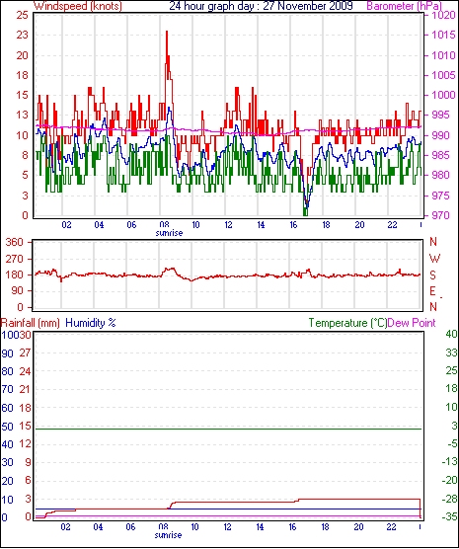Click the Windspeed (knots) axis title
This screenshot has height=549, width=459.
click(x=78, y=6)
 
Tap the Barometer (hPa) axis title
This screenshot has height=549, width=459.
click(x=405, y=6)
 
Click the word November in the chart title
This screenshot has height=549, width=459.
click(x=302, y=6)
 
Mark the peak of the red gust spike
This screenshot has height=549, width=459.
click(x=167, y=32)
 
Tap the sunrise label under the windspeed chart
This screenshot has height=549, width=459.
click(x=169, y=233)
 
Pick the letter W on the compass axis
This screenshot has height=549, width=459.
click(x=434, y=259)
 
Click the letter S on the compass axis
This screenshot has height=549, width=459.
click(x=433, y=275)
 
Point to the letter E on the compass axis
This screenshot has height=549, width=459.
click(x=433, y=291)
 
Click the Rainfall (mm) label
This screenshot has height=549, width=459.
click(x=31, y=323)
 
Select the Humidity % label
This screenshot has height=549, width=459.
click(x=91, y=323)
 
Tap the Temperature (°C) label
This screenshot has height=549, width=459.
click(x=347, y=323)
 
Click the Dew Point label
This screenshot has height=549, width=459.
click(x=412, y=323)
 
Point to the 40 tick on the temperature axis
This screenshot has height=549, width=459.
click(x=452, y=334)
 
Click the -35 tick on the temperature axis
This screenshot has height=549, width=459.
click(x=450, y=516)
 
